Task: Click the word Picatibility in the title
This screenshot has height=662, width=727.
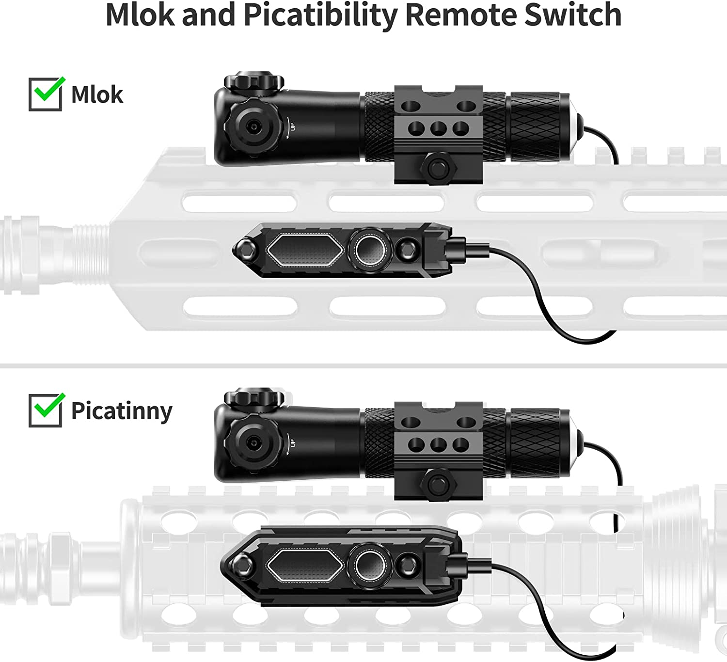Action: [320, 16]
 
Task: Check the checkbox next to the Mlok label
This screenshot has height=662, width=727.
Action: [45, 95]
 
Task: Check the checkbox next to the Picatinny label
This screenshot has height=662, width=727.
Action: [45, 410]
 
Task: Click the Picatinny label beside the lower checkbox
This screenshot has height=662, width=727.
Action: [122, 411]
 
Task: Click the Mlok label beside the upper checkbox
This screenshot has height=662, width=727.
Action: [97, 95]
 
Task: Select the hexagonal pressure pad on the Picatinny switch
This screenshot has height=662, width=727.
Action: [304, 566]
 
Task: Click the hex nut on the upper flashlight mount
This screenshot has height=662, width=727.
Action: [439, 168]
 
